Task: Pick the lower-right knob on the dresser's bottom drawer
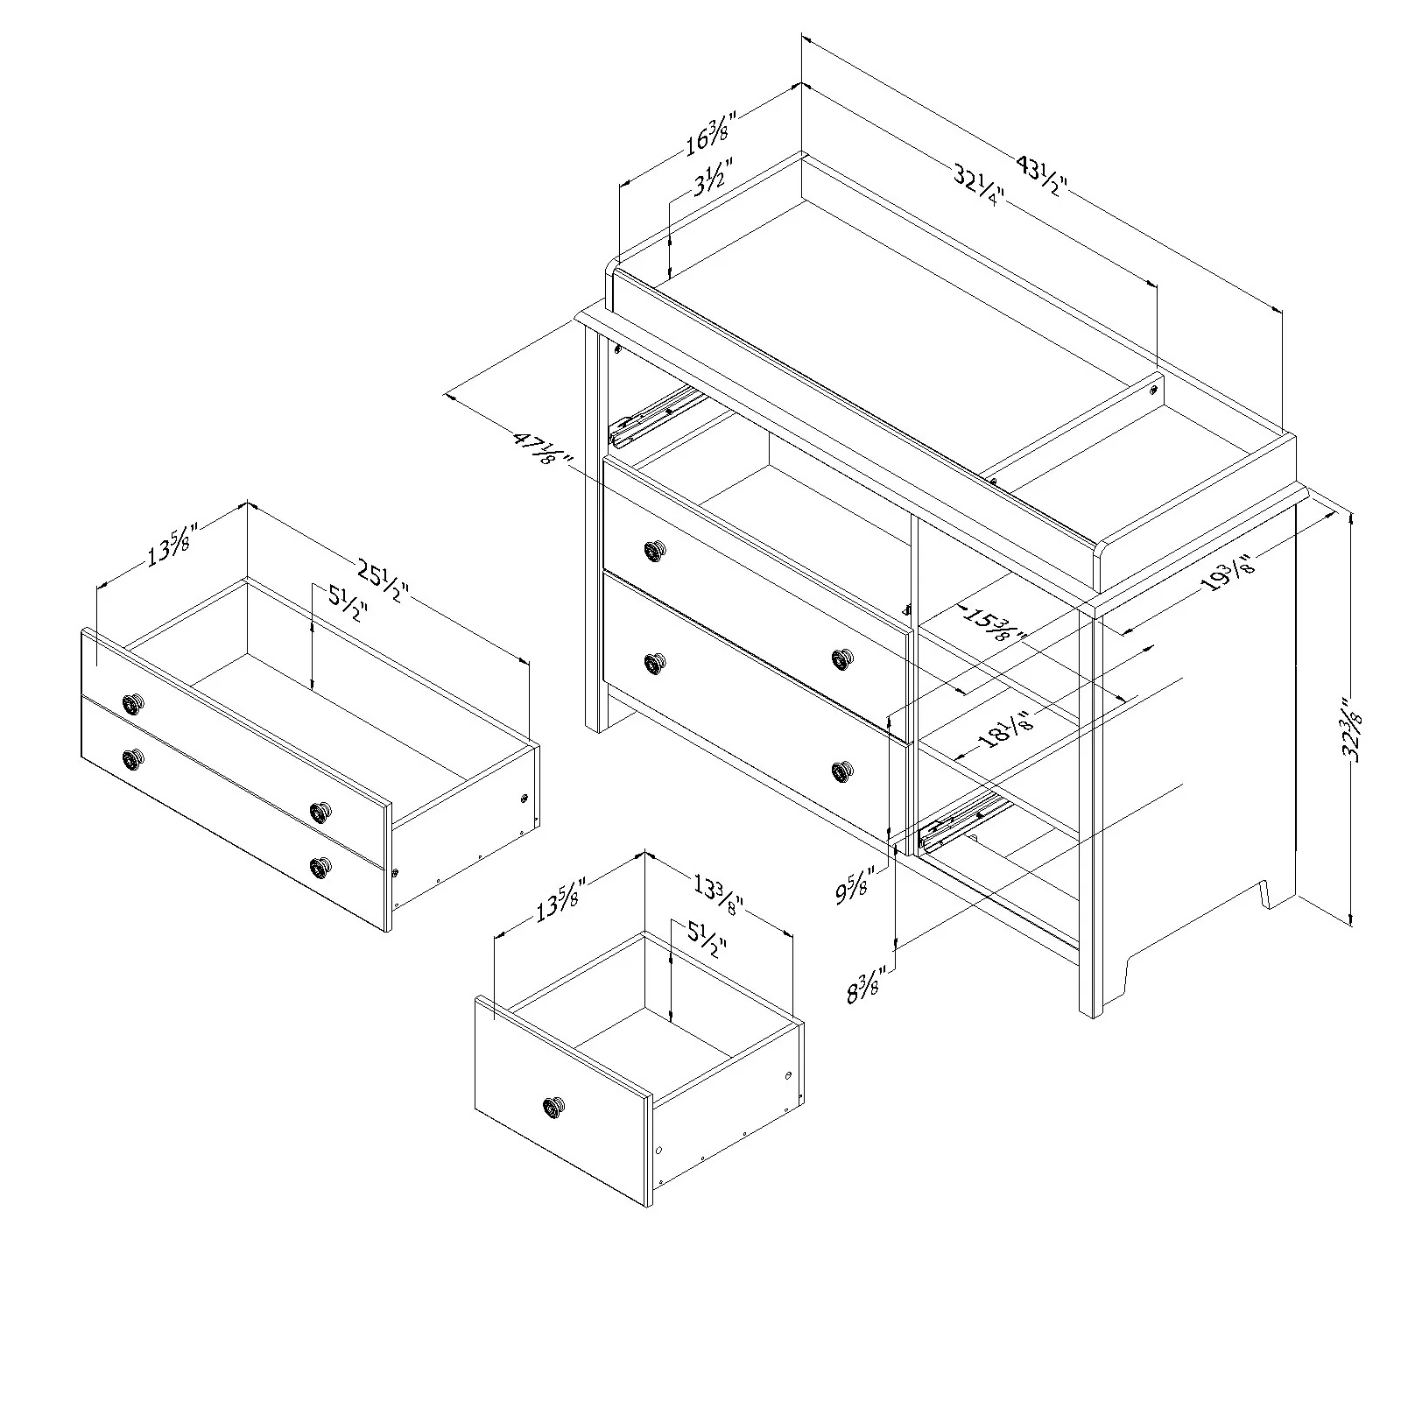pos(841,771)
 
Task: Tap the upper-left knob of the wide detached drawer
pos(133,702)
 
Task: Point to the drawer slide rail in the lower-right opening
pos(961,820)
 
